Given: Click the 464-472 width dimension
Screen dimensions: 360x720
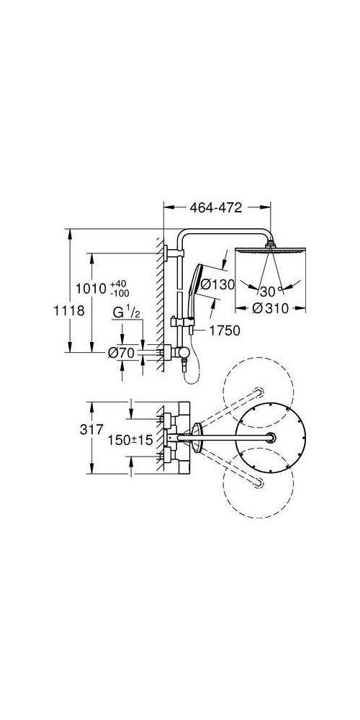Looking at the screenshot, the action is coord(216,207).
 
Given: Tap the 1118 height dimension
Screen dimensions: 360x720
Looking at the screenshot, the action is coord(69,310).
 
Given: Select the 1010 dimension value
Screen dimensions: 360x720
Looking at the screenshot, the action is coord(92,289).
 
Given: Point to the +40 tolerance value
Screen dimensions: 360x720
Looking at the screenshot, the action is coord(118,284).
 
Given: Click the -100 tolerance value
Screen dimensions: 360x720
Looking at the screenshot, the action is coord(120,293).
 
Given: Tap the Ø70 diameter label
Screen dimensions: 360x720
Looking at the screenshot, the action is coord(121,353).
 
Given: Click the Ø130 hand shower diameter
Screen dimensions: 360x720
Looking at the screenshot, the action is coord(217,284).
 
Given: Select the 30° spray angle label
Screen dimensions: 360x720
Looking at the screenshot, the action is coord(269,291).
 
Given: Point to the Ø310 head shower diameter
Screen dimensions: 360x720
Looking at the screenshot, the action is coord(271,309).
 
